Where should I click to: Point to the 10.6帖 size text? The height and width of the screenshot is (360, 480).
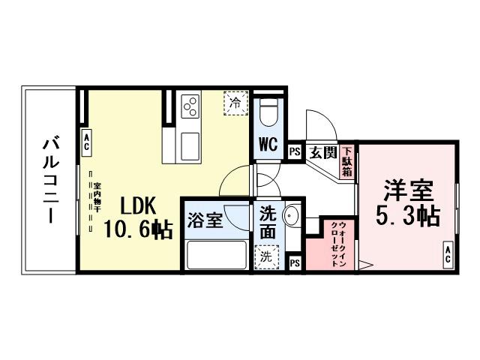139,229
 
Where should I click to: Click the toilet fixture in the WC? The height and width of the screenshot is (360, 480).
268,113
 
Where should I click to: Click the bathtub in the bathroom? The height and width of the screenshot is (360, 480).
217,255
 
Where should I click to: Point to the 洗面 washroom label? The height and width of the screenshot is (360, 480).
268,223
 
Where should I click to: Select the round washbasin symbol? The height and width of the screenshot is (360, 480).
292,218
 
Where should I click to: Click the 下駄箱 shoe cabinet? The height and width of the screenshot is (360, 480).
346,160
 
